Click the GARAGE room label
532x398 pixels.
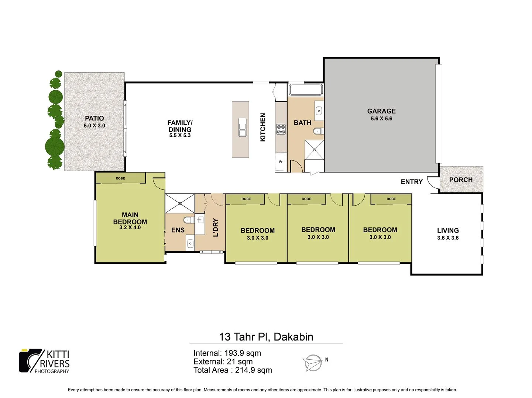tap(381, 111)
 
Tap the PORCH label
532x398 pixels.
tap(461, 180)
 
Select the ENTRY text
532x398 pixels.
tap(411, 182)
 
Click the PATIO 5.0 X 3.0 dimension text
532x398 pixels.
tap(94, 126)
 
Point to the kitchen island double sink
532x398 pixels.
tap(242, 128)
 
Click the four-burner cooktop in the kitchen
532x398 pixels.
tap(281, 129)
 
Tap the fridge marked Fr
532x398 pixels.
tap(281, 162)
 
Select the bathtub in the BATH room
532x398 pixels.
tap(306, 90)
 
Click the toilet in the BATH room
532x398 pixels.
tap(318, 131)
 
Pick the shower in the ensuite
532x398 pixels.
tap(180, 203)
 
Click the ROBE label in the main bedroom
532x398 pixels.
tap(120, 178)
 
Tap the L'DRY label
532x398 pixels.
tap(216, 227)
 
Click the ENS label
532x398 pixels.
tap(178, 230)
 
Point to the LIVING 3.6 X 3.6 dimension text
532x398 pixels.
tap(448, 238)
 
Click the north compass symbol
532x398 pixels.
tap(313, 363)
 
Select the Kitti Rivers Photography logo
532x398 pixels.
tap(44, 361)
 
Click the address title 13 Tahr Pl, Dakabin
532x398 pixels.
tap(266, 337)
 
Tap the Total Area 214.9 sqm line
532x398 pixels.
tap(233, 370)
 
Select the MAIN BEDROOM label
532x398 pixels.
tap(130, 218)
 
